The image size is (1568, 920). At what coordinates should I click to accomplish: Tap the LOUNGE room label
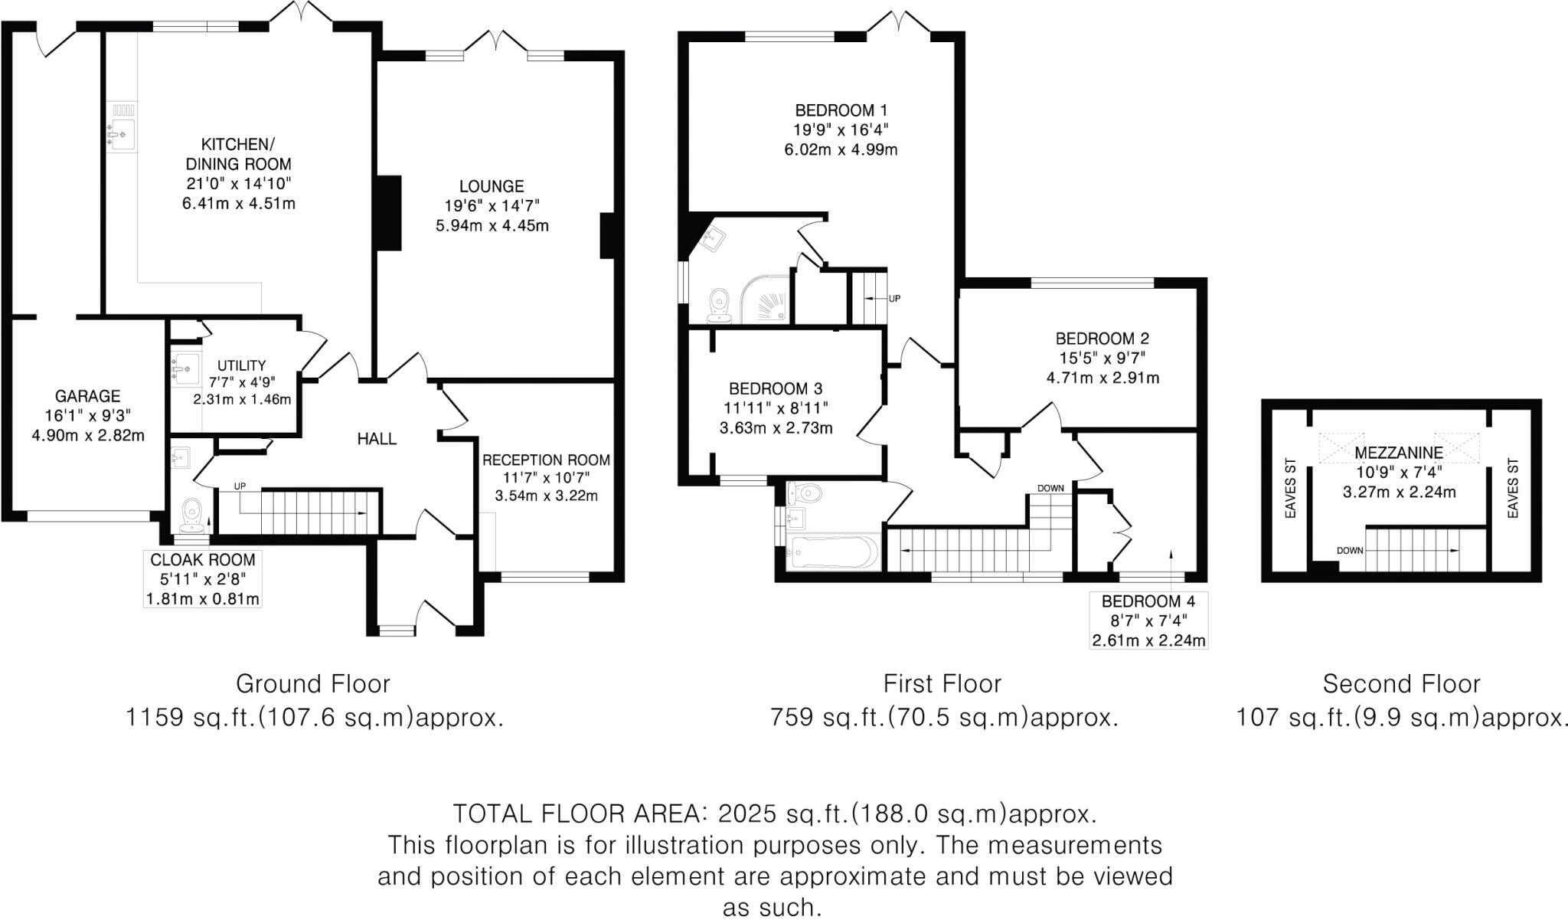tap(492, 186)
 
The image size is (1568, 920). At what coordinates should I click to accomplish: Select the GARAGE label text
tap(87, 396)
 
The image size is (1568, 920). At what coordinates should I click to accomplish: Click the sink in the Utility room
tap(185, 368)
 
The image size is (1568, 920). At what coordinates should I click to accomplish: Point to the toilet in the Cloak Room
tap(191, 514)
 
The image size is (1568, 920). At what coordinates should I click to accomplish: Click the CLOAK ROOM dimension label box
tap(203, 579)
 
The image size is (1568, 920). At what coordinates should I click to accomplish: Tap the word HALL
tap(377, 439)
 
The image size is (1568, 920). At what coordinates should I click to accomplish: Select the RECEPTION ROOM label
tap(546, 460)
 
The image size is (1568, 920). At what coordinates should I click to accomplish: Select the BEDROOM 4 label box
tap(1148, 620)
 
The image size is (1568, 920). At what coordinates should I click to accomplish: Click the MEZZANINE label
tap(1399, 453)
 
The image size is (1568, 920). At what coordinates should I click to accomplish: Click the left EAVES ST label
tap(1290, 488)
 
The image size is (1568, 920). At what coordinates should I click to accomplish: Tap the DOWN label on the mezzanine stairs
tap(1350, 550)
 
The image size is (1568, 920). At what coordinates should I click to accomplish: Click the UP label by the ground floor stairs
tap(240, 486)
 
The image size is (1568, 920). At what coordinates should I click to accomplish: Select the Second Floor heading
tap(1401, 683)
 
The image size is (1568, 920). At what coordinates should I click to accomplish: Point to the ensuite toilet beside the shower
tap(718, 305)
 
